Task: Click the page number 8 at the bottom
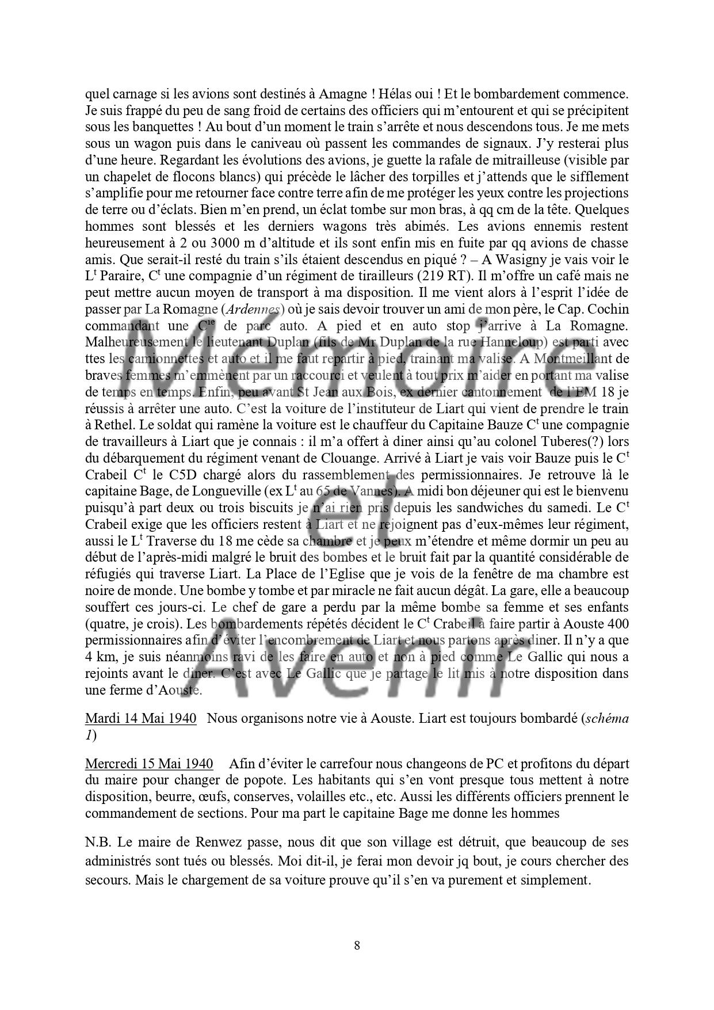click(357, 945)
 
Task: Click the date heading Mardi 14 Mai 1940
click(140, 718)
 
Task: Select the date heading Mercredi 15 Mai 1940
click(148, 764)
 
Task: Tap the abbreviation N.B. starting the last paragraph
click(98, 842)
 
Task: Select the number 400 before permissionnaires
click(617, 624)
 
